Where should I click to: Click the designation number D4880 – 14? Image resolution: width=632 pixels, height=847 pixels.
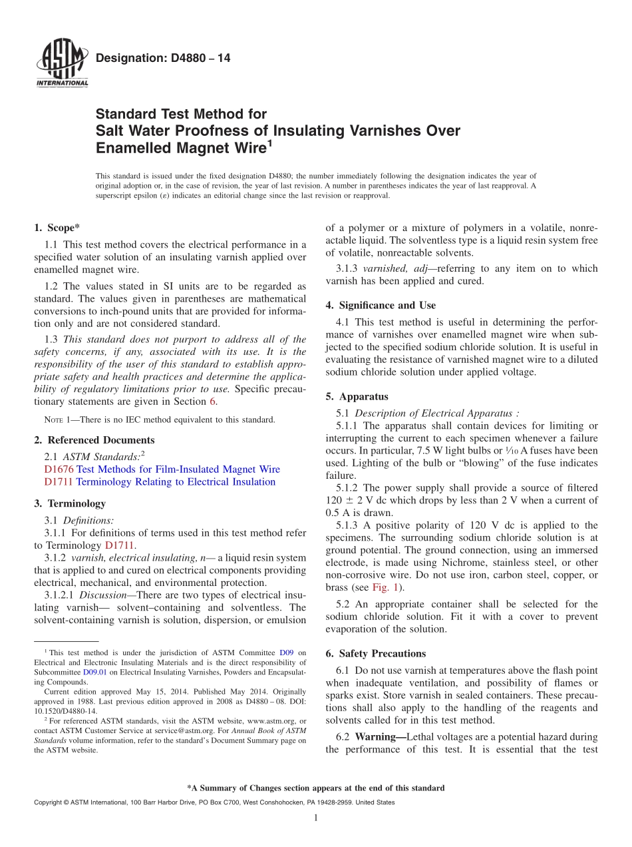click(x=163, y=59)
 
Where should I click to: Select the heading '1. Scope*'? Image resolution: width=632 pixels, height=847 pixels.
click(x=57, y=228)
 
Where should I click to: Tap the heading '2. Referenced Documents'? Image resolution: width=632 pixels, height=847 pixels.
click(x=94, y=440)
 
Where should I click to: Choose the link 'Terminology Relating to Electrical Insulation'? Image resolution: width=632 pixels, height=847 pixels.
click(x=176, y=482)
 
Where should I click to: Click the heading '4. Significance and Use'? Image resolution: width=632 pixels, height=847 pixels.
click(x=381, y=306)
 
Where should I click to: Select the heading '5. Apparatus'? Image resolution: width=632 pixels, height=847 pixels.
click(x=357, y=397)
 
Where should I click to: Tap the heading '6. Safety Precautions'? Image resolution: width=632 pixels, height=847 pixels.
click(x=375, y=654)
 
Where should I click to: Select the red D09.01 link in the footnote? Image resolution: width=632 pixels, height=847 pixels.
click(x=94, y=673)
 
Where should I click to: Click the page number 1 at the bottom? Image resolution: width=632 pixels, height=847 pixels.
click(x=315, y=818)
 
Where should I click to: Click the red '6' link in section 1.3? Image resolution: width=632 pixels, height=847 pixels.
click(x=213, y=402)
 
